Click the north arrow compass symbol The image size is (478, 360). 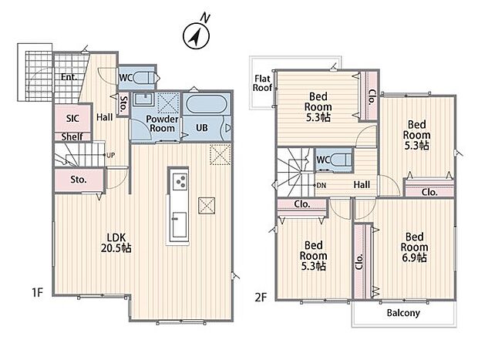point(196,35)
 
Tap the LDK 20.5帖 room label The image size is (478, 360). point(116,243)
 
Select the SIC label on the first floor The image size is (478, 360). point(72,118)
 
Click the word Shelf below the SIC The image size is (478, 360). point(72,137)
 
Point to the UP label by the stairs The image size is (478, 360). point(111,155)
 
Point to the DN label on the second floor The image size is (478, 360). point(321,185)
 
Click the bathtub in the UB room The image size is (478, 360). point(206,105)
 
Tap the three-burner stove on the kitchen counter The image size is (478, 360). point(179,181)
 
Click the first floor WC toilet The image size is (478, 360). point(144,78)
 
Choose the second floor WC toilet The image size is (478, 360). point(341,160)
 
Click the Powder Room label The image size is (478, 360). point(162,123)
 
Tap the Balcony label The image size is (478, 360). point(403,313)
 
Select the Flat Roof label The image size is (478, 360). point(262,83)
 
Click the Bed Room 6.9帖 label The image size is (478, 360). point(414,247)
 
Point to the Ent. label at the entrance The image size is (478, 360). point(69,77)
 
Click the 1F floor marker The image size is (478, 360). point(38,293)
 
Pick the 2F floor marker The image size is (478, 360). point(261,297)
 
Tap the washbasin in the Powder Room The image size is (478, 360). point(144,99)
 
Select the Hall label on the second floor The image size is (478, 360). point(362,184)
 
